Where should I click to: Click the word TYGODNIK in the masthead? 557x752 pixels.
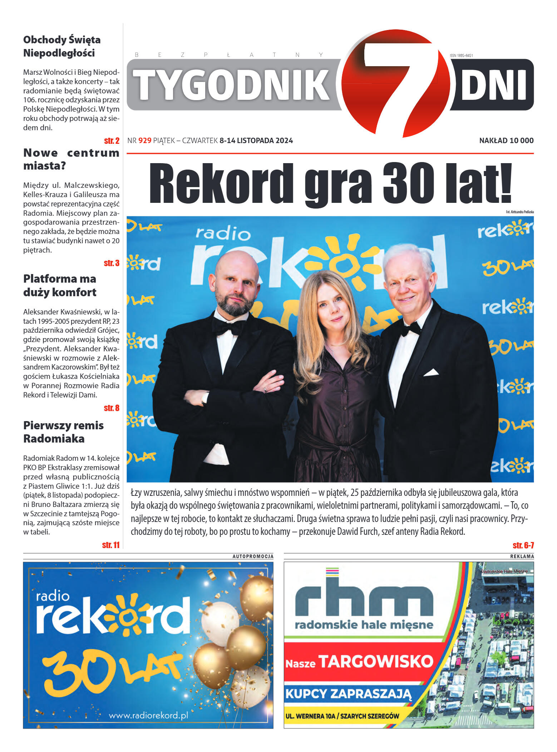point(231,85)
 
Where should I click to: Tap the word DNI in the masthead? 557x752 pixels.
point(494,85)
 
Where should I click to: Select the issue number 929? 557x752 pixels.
point(145,141)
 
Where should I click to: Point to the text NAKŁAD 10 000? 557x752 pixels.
point(506,141)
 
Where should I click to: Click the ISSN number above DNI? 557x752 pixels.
point(461,55)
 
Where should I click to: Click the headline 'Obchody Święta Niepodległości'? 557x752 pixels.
point(62,46)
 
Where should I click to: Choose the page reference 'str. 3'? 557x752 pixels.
point(112,263)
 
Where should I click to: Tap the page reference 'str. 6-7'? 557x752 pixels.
point(523,545)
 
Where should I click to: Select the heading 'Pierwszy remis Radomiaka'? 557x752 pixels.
point(63,432)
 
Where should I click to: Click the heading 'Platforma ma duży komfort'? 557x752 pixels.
point(60,285)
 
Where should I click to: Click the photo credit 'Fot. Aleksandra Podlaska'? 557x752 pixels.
point(519,212)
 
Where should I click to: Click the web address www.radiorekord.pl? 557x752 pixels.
point(148,715)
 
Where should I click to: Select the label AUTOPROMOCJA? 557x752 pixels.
point(253,556)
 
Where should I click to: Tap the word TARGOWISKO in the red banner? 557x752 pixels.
point(375,661)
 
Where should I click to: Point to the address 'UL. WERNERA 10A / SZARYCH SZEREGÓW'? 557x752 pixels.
point(342,716)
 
